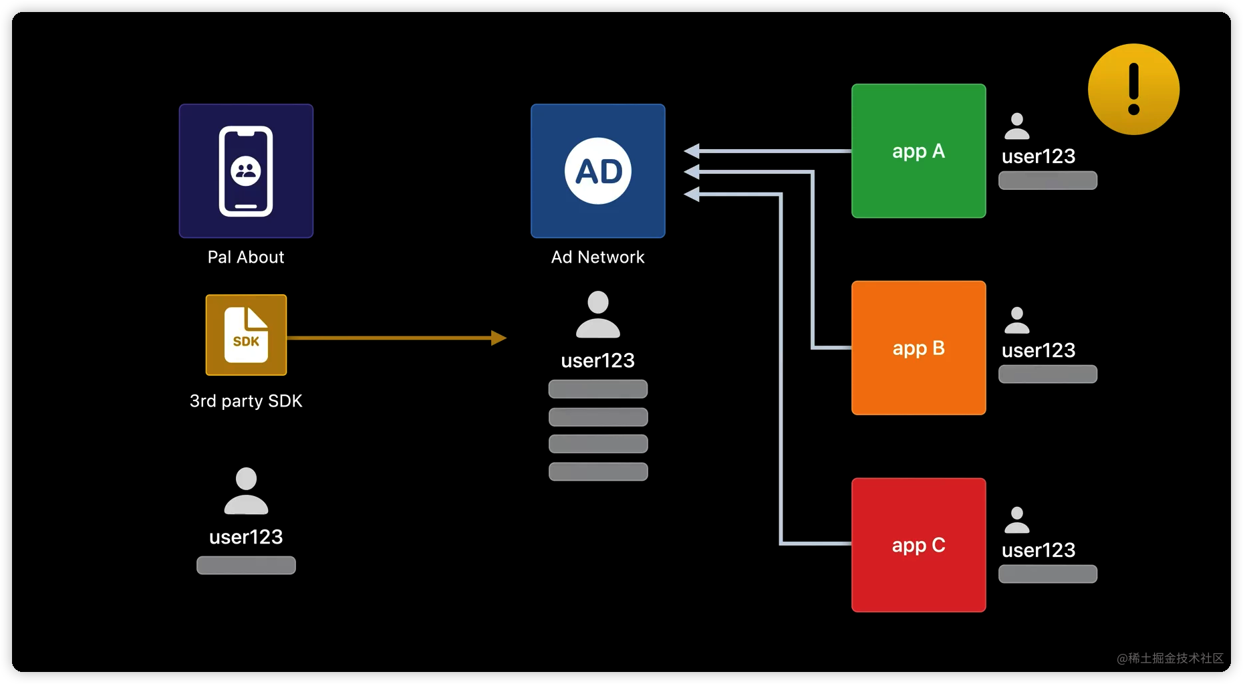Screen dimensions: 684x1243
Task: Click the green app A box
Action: [918, 151]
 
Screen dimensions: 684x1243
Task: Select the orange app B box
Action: [918, 348]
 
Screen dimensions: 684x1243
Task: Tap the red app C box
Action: [918, 545]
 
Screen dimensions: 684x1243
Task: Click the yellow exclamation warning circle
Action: [1133, 89]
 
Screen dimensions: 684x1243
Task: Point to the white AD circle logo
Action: [598, 171]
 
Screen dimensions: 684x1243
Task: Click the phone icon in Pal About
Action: [246, 171]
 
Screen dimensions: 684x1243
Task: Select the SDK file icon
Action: [246, 335]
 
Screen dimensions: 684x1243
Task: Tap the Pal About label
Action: [246, 257]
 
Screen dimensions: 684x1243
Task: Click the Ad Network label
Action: [597, 257]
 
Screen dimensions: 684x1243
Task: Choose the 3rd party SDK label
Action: [246, 401]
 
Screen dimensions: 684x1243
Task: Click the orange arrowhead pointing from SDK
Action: [499, 338]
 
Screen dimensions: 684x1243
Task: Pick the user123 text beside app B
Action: [1039, 350]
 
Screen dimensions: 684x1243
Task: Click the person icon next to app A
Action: [1016, 126]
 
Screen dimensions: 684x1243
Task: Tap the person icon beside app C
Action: [1016, 520]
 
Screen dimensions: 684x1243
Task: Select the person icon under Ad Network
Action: [598, 314]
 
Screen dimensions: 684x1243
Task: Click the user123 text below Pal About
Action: [246, 537]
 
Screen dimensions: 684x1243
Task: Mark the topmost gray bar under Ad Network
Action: [598, 388]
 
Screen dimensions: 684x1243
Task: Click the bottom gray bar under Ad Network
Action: [598, 471]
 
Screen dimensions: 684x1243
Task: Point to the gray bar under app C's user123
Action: [1047, 574]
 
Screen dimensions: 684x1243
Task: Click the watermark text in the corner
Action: [1169, 659]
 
